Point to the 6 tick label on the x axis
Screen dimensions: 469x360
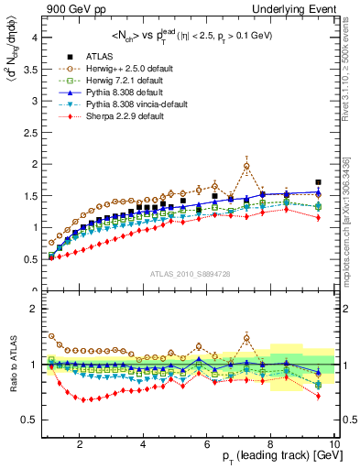207,443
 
